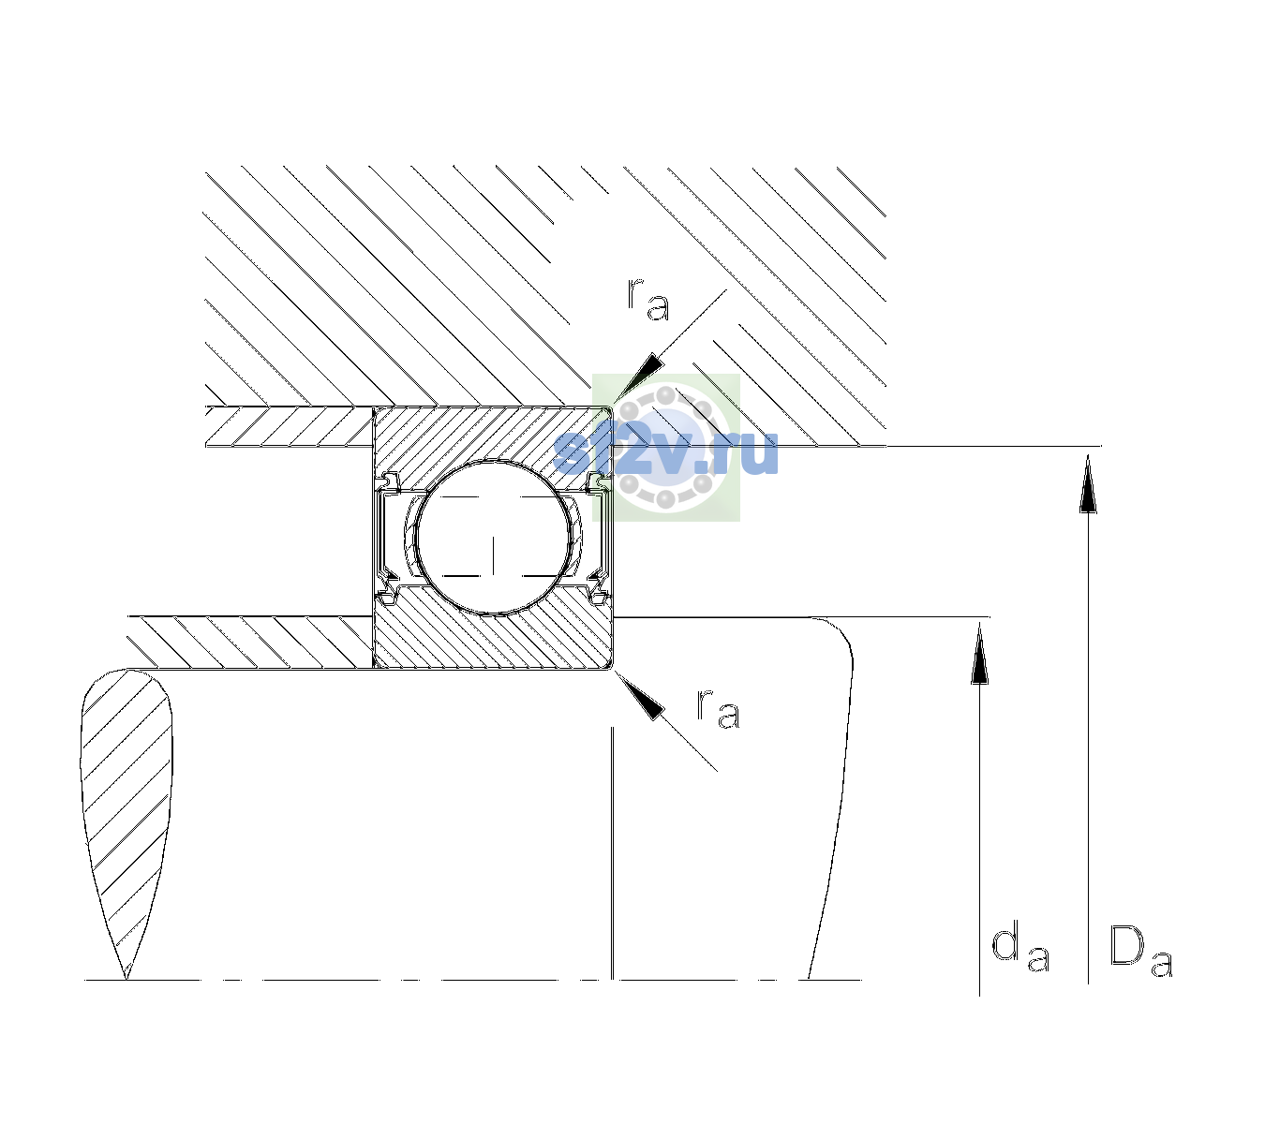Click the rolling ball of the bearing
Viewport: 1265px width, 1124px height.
coord(493,538)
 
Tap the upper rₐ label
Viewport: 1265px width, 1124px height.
coord(647,299)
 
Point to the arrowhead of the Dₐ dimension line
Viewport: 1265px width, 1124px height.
coord(1088,483)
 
